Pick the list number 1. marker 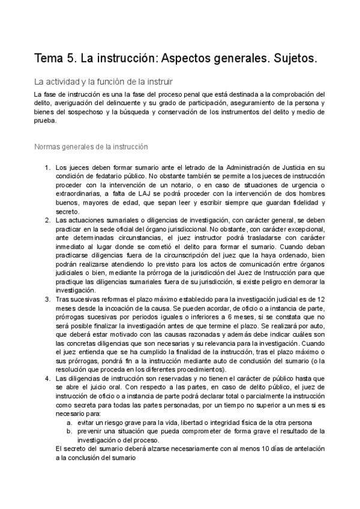point(48,167)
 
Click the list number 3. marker point(48,299)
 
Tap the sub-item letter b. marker point(70,431)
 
